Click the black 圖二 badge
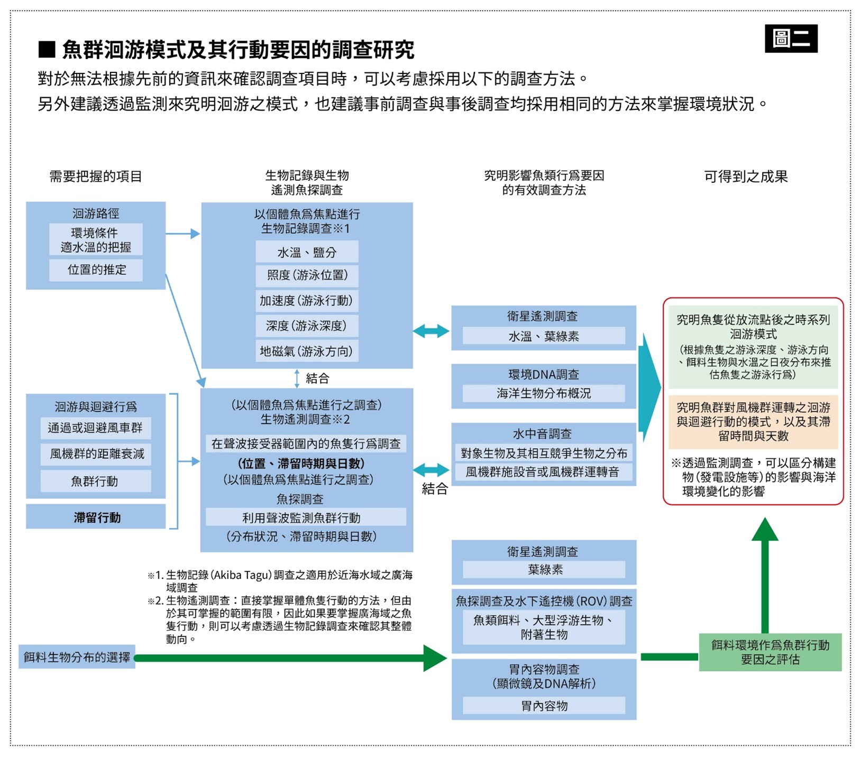click(791, 39)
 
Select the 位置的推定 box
click(96, 270)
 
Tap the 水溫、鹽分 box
click(307, 252)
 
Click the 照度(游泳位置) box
click(307, 275)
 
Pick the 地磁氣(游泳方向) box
click(307, 351)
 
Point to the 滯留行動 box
click(96, 517)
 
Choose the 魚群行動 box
click(95, 481)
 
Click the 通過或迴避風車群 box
click(95, 428)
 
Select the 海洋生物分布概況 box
click(543, 393)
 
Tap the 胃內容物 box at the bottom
click(544, 706)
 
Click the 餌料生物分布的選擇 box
click(77, 657)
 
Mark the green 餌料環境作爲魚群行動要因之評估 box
click(770, 652)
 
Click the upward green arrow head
click(765, 530)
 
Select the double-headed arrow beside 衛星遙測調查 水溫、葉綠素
click(431, 331)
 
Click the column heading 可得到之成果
click(746, 177)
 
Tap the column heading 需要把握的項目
click(96, 177)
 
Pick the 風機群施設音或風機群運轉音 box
click(543, 472)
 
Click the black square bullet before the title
click(47, 50)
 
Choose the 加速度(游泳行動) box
click(307, 301)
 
